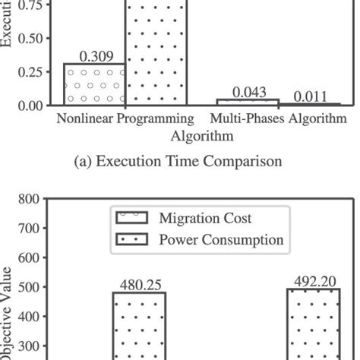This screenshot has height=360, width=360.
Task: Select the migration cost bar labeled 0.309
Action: (93, 84)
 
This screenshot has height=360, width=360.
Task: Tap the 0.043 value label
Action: (248, 92)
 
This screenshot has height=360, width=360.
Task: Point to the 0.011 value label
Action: (310, 96)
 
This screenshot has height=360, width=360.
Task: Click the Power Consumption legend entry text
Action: (221, 240)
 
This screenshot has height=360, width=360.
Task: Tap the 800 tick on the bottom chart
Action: (27, 200)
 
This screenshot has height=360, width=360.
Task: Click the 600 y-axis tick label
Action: (27, 258)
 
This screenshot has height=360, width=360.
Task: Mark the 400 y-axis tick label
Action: (27, 317)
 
